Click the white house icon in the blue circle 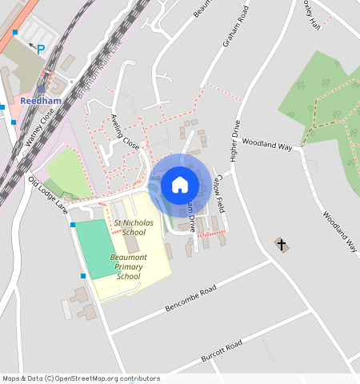click(180, 185)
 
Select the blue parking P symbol click(40, 49)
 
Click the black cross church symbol click(281, 244)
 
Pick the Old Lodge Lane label click(47, 194)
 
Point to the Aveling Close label click(126, 132)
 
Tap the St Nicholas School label click(130, 227)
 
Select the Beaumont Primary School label click(128, 266)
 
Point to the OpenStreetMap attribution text click(81, 378)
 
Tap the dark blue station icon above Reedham click(41, 89)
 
